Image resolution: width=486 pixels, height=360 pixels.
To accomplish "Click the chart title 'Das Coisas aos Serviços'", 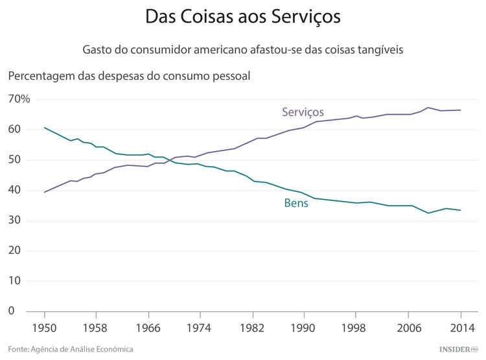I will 243,18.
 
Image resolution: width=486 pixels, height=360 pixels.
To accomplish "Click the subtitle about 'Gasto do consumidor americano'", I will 243,50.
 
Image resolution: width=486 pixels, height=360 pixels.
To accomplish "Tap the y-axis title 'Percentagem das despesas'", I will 129,76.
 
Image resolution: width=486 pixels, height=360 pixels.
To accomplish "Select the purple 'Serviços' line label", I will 303,112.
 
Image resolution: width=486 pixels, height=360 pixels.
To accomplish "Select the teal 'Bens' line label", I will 295,204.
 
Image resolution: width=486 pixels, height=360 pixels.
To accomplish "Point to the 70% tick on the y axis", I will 19,99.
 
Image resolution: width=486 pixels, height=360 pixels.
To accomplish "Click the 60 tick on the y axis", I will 16,130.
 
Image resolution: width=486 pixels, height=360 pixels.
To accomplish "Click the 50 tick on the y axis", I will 16,160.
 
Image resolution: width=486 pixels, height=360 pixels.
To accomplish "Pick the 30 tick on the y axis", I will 16,221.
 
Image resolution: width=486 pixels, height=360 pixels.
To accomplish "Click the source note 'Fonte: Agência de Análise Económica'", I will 71,349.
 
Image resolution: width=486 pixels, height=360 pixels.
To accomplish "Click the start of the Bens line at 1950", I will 44,128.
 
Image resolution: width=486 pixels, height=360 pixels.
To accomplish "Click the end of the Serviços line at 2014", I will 460,110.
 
